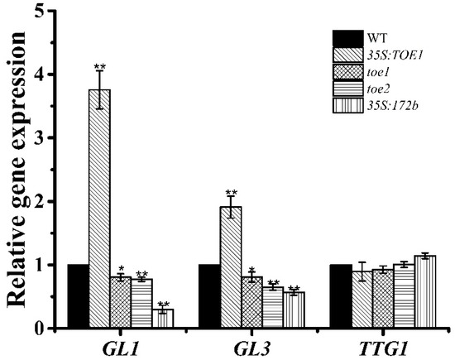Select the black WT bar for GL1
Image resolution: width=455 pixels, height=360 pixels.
tap(78, 296)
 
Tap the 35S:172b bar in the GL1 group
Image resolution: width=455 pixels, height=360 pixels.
tap(164, 319)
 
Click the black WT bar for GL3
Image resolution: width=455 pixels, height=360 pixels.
tap(208, 296)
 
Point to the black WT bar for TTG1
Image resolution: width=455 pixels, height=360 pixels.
tap(339, 296)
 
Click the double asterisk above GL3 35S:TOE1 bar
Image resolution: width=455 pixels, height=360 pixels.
tap(230, 193)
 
